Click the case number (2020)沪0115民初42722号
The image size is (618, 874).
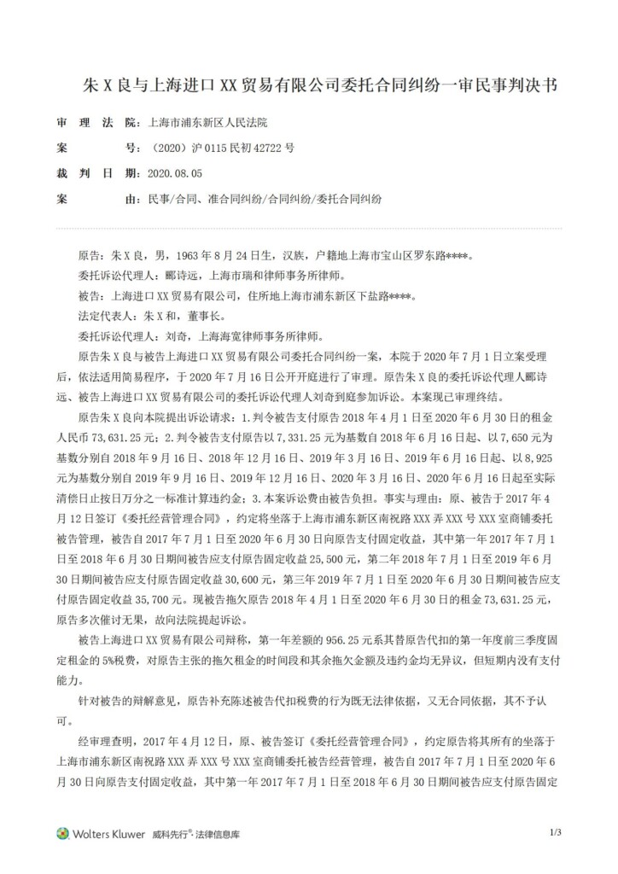click(x=220, y=148)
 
